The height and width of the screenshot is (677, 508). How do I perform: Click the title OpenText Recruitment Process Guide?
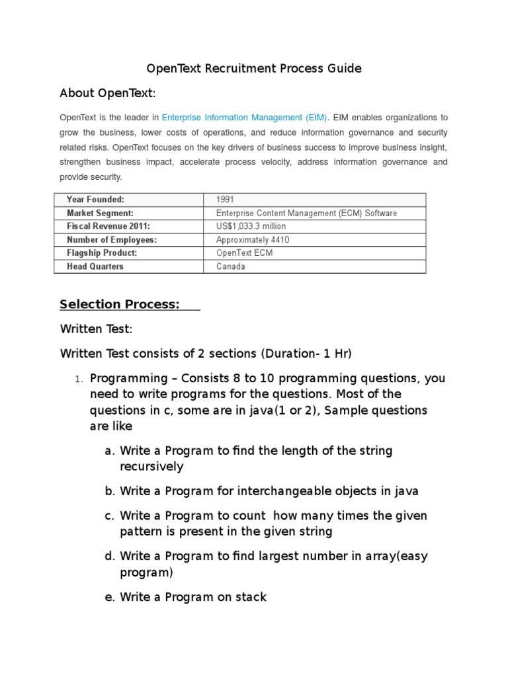coord(254,69)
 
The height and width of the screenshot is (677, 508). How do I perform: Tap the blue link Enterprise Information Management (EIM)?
coord(245,118)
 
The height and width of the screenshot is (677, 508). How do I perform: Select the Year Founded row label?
coord(95,200)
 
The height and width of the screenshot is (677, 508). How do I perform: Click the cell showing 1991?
coord(225,200)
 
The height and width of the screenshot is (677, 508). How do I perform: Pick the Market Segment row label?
coord(100,213)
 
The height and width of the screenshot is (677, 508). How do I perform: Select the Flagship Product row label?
coord(102,253)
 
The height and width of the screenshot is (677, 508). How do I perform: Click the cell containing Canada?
coord(230,266)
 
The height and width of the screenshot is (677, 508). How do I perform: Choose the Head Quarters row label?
coord(95,266)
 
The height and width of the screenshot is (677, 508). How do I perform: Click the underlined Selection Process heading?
coord(120,304)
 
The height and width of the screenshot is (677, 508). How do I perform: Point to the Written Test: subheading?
coord(97,329)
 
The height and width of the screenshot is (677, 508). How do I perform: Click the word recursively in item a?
coord(151,467)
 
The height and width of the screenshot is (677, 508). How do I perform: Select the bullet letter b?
coord(110,491)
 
